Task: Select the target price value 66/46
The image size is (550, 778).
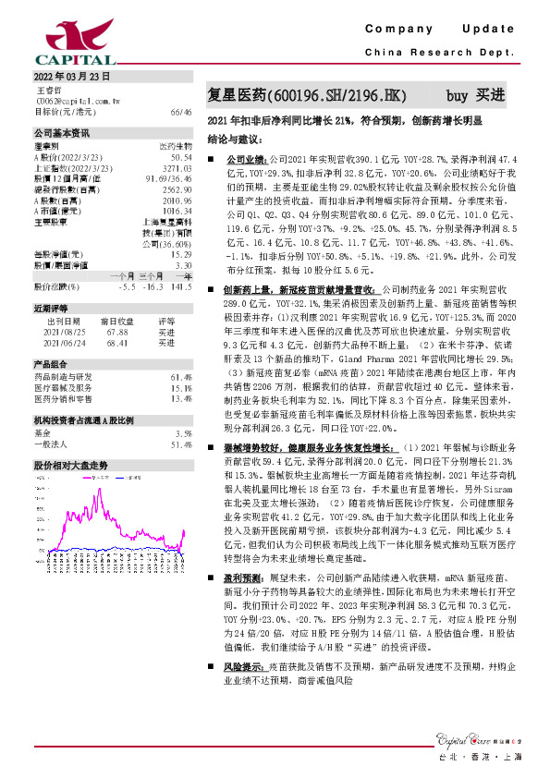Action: click(181, 111)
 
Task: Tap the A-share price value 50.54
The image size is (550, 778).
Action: click(181, 159)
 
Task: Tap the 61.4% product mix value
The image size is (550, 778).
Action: click(181, 377)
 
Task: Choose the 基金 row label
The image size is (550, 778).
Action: click(43, 432)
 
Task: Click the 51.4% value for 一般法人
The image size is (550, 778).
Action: click(181, 444)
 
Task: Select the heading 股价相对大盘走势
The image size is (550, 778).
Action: click(71, 466)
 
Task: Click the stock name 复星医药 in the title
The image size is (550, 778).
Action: click(237, 95)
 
